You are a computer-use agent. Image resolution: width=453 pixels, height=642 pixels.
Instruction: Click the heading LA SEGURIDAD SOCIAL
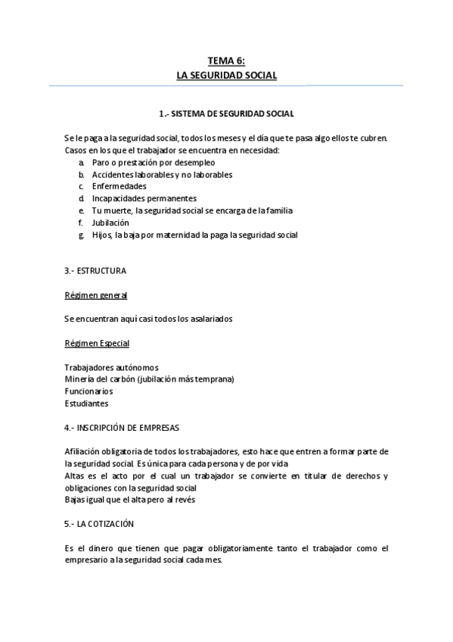click(226, 76)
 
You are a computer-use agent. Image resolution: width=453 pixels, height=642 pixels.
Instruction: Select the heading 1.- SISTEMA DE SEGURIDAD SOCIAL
click(226, 114)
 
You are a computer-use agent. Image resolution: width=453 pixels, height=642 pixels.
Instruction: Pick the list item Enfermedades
click(119, 186)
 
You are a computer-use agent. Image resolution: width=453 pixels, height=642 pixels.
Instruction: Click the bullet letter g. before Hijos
click(81, 235)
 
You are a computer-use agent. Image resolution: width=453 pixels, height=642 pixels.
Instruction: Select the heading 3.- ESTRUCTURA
click(95, 270)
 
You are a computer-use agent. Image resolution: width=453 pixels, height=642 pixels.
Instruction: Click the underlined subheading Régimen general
click(95, 295)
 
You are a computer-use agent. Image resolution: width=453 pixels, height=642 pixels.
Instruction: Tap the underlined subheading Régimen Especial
click(97, 343)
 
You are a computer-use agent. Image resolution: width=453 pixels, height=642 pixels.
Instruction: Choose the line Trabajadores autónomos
click(111, 367)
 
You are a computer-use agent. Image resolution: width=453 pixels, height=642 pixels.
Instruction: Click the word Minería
click(79, 379)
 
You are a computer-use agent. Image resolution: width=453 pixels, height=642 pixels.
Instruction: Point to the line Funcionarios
click(88, 391)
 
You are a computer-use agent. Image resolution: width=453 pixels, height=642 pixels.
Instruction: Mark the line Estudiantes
click(86, 404)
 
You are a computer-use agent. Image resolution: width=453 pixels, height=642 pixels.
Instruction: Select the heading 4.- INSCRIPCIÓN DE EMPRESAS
click(121, 427)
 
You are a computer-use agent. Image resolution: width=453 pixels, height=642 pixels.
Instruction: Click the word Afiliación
click(84, 451)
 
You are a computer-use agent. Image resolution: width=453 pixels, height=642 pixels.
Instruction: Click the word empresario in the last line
click(88, 559)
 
